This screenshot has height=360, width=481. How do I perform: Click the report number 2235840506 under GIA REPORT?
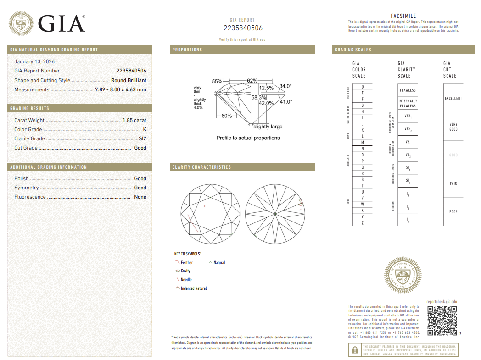(x=243, y=28)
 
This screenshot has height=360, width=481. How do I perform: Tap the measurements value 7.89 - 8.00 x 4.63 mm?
(x=120, y=89)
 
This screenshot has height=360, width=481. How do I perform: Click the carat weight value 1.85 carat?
(x=134, y=120)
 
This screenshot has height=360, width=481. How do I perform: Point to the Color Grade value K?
(x=144, y=129)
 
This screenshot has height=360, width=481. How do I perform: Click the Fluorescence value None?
(x=140, y=197)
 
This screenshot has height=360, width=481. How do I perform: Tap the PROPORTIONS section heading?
(x=187, y=50)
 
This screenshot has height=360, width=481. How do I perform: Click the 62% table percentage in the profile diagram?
(x=252, y=81)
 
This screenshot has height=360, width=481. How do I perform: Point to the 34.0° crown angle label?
(x=285, y=86)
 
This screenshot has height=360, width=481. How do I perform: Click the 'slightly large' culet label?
(x=268, y=127)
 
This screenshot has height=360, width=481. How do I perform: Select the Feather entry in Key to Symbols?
(x=186, y=263)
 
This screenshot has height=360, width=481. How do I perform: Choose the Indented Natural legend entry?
(x=193, y=288)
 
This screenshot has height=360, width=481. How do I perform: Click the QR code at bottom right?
(x=442, y=321)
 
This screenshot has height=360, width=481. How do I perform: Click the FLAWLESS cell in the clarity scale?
(x=408, y=90)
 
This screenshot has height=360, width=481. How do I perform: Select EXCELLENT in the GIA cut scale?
(x=453, y=98)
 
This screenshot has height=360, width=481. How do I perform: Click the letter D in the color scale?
(x=363, y=87)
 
